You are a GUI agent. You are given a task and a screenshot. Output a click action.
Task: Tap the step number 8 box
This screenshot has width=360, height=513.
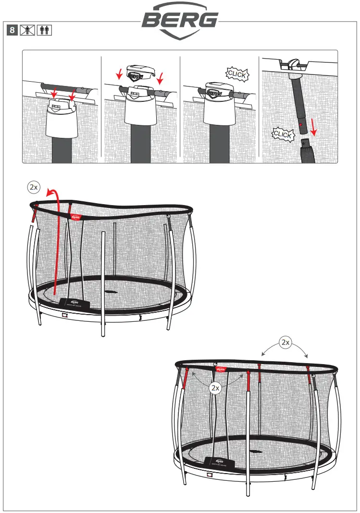[13, 30]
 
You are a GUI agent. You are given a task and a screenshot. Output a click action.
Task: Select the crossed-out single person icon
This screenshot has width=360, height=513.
[29, 30]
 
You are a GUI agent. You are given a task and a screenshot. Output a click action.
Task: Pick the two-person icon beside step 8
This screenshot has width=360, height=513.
[45, 30]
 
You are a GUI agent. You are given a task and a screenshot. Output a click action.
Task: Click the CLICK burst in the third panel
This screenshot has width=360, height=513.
[236, 74]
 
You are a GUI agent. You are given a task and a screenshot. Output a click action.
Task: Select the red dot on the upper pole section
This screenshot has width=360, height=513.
[299, 124]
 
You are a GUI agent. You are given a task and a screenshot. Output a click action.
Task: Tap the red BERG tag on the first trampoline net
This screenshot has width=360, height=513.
[75, 217]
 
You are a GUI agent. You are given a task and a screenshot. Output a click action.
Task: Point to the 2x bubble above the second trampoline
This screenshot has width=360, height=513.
[286, 342]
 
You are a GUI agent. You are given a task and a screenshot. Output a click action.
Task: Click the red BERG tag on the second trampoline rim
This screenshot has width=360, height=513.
[221, 369]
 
